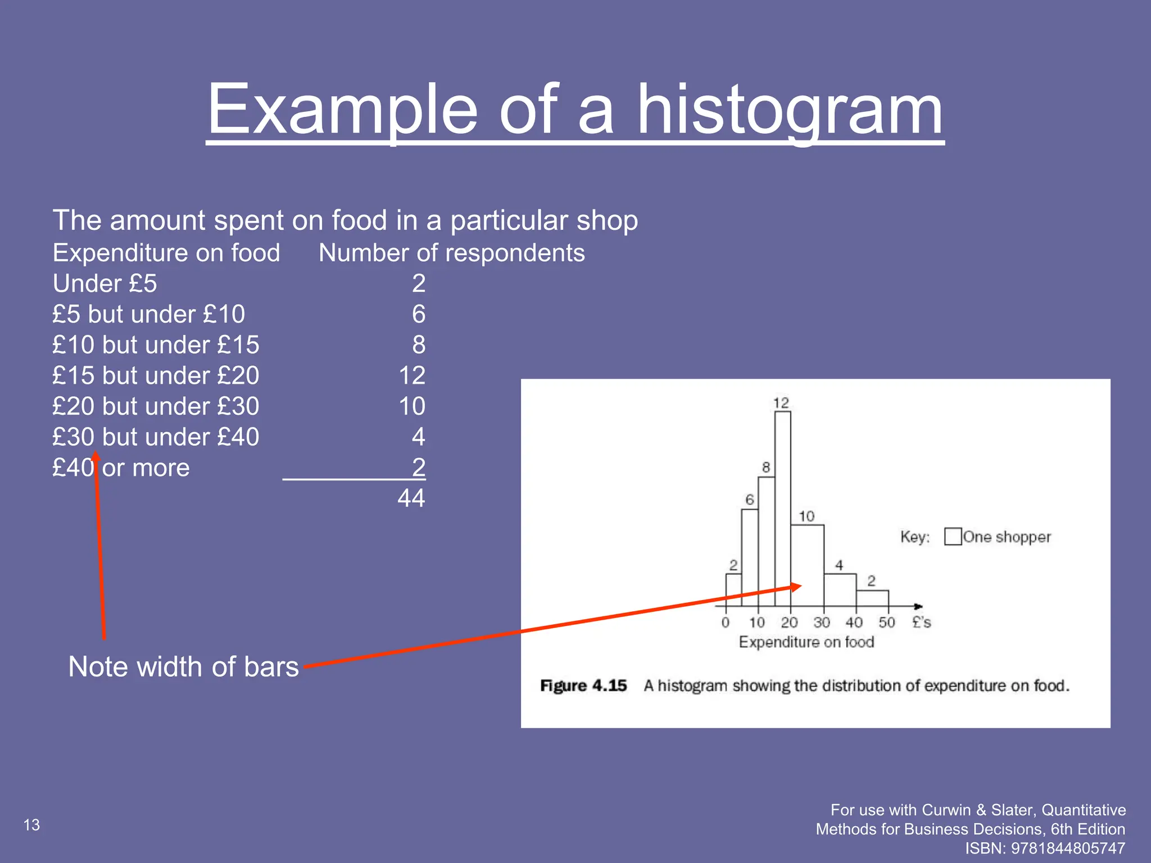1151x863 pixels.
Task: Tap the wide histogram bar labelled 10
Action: tap(808, 565)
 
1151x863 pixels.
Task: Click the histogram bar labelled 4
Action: tap(840, 589)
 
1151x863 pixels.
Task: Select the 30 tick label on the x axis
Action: tap(822, 623)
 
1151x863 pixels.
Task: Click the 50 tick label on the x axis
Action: tap(886, 623)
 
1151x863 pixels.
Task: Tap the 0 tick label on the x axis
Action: tap(726, 623)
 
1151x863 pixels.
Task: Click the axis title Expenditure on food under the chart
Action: tap(806, 642)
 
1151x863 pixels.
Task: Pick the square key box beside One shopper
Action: tap(953, 537)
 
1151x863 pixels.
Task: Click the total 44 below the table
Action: tap(411, 498)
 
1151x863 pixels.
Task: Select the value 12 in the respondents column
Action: tap(412, 375)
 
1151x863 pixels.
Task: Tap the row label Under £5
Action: tap(105, 284)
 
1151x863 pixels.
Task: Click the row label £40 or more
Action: tap(121, 468)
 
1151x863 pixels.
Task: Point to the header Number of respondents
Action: tap(451, 253)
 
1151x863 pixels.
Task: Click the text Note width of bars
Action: tap(183, 667)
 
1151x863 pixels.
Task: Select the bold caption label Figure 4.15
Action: tap(583, 686)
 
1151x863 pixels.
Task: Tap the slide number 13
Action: tap(31, 825)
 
